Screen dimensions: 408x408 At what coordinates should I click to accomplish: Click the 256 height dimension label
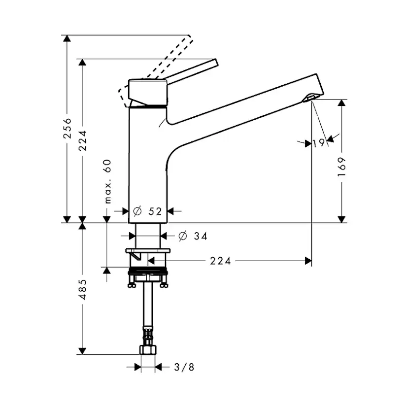68,128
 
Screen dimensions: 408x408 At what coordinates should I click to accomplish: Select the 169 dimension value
341,167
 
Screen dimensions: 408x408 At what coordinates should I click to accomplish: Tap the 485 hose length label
82,289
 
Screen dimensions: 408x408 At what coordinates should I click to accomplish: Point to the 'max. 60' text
107,181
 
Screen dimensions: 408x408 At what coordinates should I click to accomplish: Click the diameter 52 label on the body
147,211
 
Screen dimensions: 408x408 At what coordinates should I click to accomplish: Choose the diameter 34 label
193,236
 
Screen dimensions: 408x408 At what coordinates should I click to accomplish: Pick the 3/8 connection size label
184,367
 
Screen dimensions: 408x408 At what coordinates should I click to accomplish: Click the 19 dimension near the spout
319,143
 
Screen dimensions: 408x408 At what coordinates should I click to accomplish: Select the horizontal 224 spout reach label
220,261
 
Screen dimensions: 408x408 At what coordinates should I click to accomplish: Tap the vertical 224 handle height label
82,140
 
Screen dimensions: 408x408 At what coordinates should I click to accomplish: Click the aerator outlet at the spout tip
310,98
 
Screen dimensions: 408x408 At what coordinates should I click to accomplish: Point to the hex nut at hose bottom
148,350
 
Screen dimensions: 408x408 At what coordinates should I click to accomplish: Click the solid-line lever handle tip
216,63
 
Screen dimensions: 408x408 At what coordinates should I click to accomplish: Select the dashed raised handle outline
156,71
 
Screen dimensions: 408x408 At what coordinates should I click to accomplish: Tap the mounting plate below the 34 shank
148,251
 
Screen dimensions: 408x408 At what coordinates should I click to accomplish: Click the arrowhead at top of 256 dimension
67,38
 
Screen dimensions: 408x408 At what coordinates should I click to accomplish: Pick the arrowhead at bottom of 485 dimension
82,351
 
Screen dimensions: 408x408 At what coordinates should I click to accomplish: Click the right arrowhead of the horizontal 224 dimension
308,261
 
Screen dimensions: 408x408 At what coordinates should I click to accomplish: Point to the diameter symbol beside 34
183,236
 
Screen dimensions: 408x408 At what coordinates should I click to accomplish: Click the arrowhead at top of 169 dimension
341,103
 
